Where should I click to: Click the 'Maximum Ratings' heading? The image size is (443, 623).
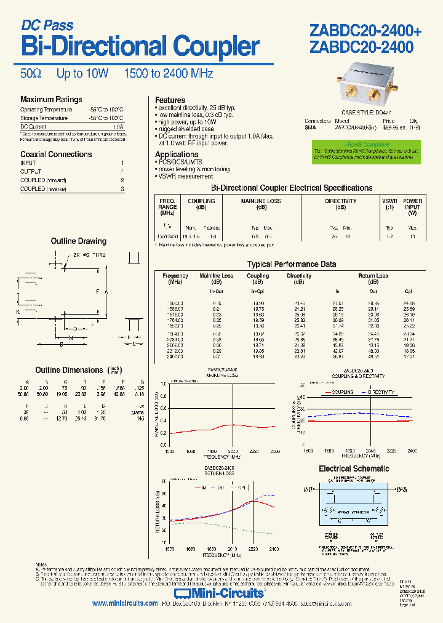point(51,100)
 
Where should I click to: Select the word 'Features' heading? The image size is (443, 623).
point(170,100)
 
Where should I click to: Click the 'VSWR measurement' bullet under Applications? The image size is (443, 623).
point(186,176)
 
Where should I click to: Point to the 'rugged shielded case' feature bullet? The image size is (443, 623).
point(187,129)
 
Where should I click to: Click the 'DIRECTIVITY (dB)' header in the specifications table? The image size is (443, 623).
point(341,204)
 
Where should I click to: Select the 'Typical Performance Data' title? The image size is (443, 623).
point(291,264)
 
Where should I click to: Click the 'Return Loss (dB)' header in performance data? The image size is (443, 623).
point(373,278)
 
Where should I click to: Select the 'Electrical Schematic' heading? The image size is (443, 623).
point(354,468)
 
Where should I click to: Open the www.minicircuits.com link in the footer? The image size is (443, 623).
point(125,604)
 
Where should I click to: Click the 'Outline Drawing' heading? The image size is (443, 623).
point(78,241)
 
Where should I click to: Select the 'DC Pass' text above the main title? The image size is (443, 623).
point(47,26)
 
